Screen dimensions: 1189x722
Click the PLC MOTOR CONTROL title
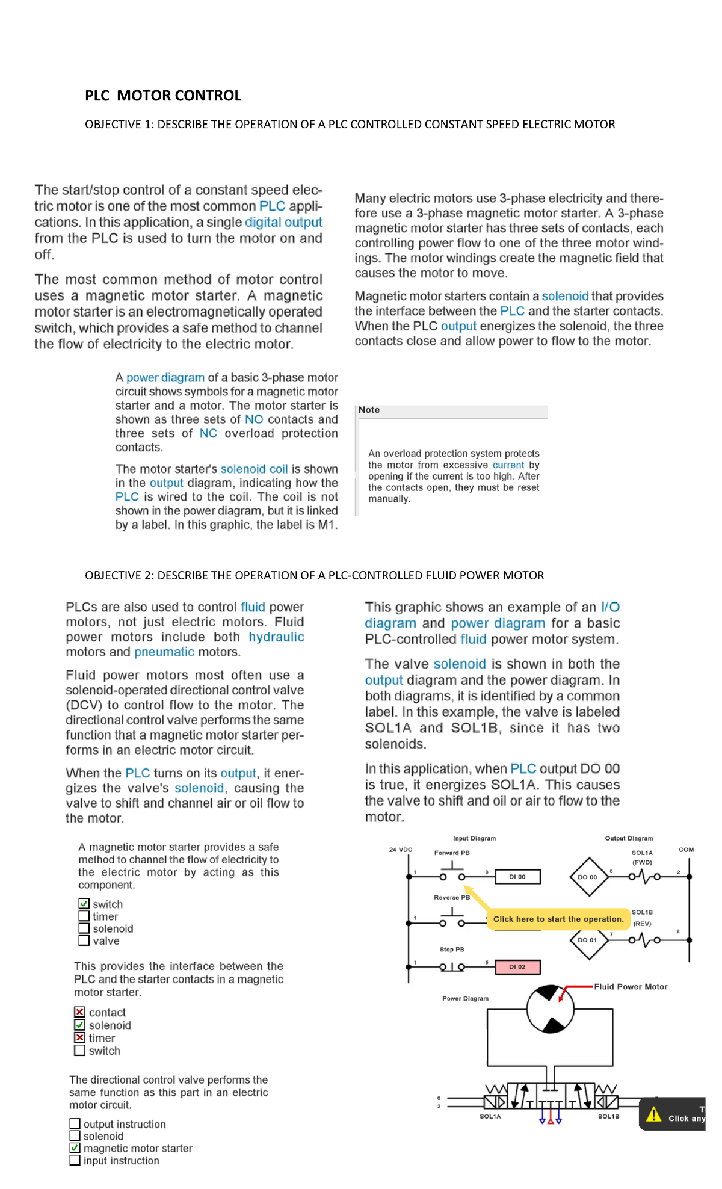point(163,96)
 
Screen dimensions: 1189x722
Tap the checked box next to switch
point(84,904)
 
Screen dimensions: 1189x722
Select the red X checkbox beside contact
point(79,1012)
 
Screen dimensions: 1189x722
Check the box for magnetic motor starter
point(75,1148)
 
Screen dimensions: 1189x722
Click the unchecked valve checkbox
point(84,940)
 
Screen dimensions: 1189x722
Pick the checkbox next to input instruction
point(75,1160)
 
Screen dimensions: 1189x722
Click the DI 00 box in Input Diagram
point(517,877)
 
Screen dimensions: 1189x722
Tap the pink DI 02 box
point(517,967)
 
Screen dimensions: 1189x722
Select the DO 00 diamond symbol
point(588,877)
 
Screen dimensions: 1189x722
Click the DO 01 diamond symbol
point(588,940)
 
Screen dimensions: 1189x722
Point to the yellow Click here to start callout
point(558,919)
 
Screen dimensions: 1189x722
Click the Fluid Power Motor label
point(631,987)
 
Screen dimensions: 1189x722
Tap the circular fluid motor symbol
point(550,1009)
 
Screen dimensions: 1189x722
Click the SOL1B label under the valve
point(608,1116)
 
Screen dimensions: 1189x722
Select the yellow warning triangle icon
point(654,1114)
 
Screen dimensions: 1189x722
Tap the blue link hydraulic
point(276,637)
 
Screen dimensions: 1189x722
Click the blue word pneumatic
point(164,652)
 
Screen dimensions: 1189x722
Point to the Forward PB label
point(452,853)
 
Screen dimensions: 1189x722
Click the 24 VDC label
point(401,850)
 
